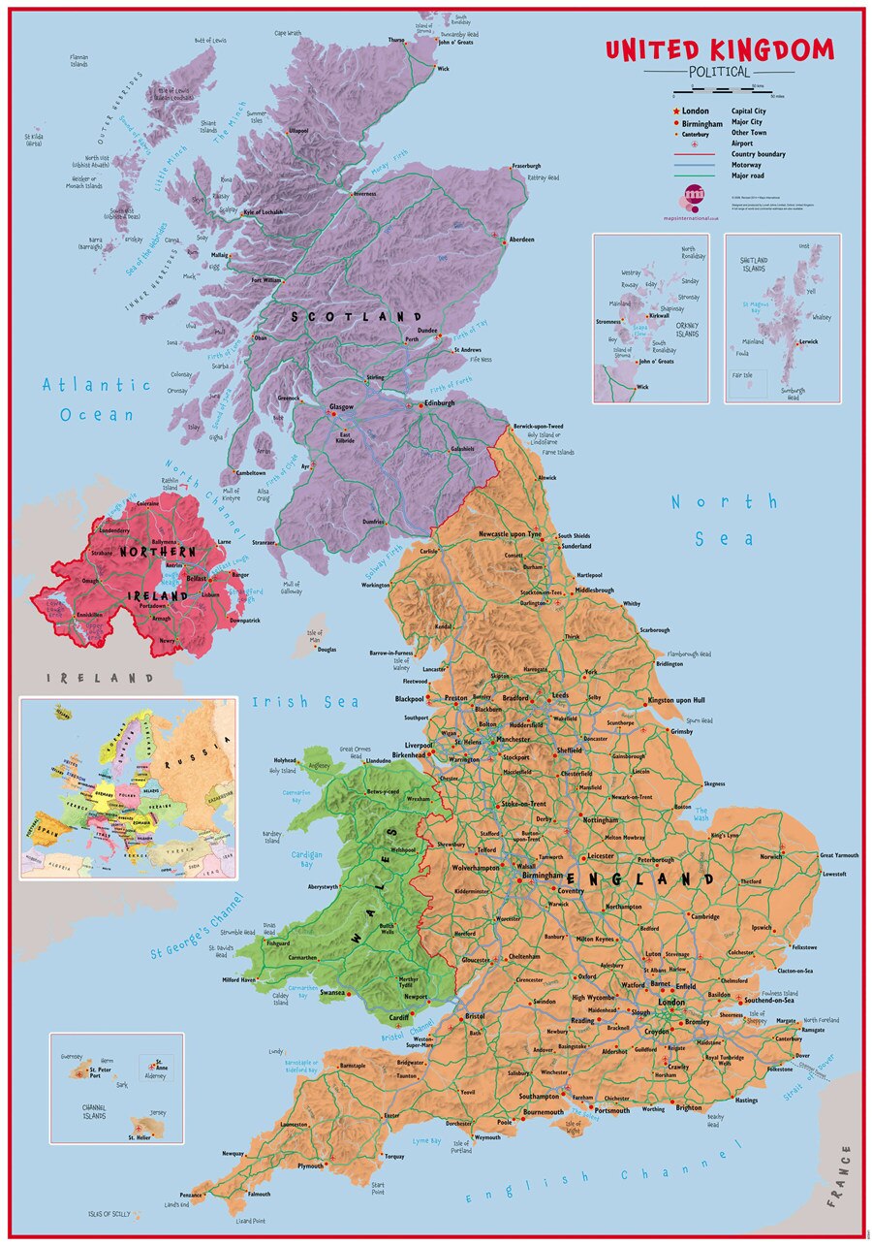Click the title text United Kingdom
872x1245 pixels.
(719, 50)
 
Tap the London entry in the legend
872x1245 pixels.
(695, 111)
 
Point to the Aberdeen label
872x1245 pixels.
(521, 239)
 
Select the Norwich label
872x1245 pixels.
(770, 856)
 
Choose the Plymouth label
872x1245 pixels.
(310, 1165)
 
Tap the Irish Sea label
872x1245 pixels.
(305, 702)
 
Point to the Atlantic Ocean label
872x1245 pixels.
(97, 399)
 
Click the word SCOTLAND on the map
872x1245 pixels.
(358, 317)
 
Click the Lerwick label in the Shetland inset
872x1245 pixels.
(808, 341)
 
